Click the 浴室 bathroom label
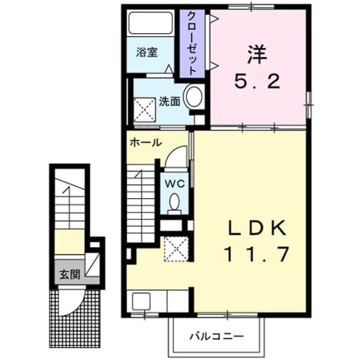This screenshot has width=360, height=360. [147, 52]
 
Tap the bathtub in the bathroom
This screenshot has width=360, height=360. [150, 23]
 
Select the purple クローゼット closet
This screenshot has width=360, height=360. [192, 44]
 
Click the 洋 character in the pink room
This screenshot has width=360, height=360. [257, 55]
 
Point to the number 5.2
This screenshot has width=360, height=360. [257, 82]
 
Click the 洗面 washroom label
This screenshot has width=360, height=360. [169, 102]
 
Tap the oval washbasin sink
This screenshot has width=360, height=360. [194, 96]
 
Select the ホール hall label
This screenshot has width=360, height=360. [146, 143]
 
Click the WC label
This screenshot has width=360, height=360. [175, 183]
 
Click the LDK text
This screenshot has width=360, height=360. [257, 228]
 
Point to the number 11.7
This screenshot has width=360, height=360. [257, 254]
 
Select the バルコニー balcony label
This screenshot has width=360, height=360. [216, 336]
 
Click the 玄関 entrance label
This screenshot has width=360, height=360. [70, 274]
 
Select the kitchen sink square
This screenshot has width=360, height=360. [141, 301]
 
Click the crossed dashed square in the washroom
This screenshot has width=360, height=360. [145, 110]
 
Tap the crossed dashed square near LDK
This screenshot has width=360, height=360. [177, 249]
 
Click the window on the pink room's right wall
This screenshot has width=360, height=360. [309, 105]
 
